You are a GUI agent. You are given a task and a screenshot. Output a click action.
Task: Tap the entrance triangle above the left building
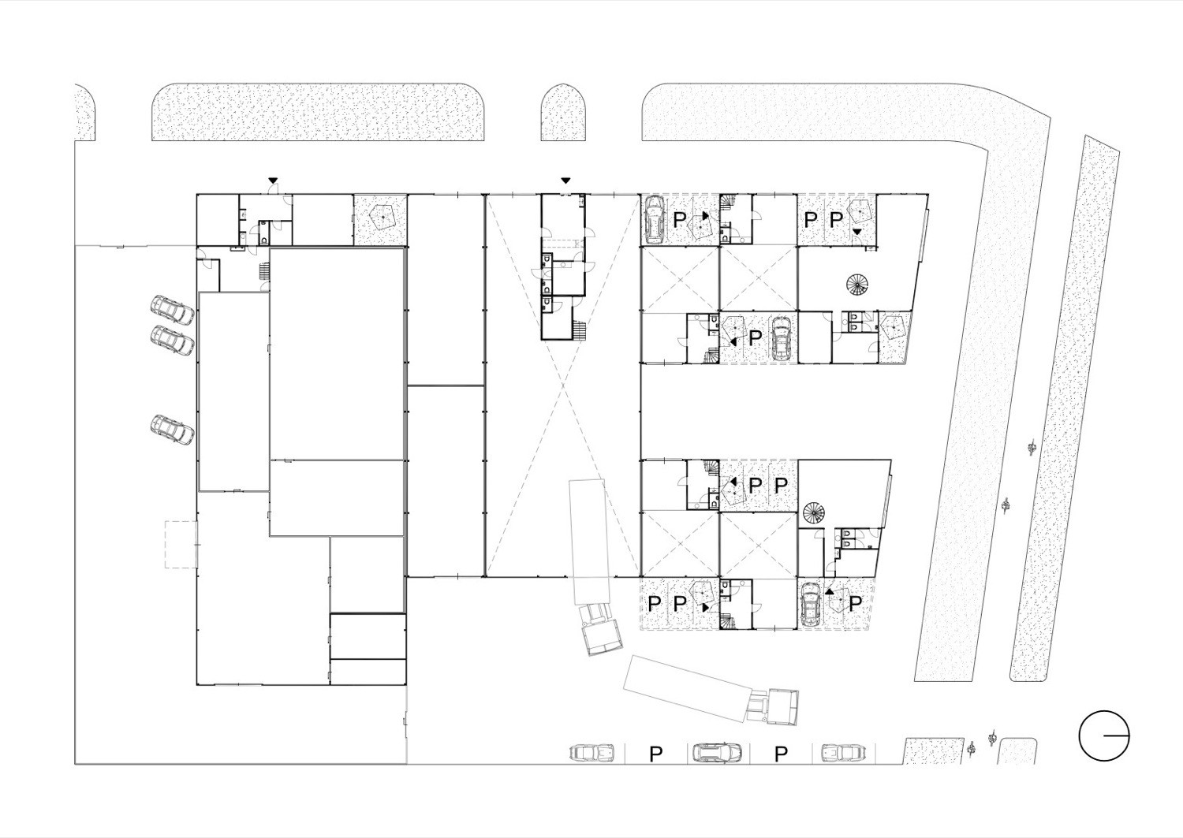coord(273,180)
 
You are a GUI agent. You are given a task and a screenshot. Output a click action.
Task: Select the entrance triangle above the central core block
coord(565,180)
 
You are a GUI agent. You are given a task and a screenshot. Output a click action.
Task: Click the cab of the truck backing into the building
coord(601,629)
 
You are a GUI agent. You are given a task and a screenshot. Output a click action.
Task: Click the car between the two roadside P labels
coord(717,752)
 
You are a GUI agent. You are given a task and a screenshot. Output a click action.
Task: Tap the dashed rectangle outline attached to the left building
coord(181,545)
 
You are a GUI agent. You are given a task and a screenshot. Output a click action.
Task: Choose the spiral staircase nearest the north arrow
coord(813,512)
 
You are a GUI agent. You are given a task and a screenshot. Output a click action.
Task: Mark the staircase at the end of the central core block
coord(580,331)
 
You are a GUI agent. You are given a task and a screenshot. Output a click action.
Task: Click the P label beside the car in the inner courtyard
coord(756,337)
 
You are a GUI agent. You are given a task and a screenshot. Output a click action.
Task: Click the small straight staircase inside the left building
coord(263,272)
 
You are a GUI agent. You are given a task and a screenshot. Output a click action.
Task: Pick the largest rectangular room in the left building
coord(338,354)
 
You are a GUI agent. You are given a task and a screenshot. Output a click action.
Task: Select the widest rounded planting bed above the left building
coord(318,111)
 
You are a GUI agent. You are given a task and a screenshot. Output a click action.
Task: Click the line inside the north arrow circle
coord(1117,736)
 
